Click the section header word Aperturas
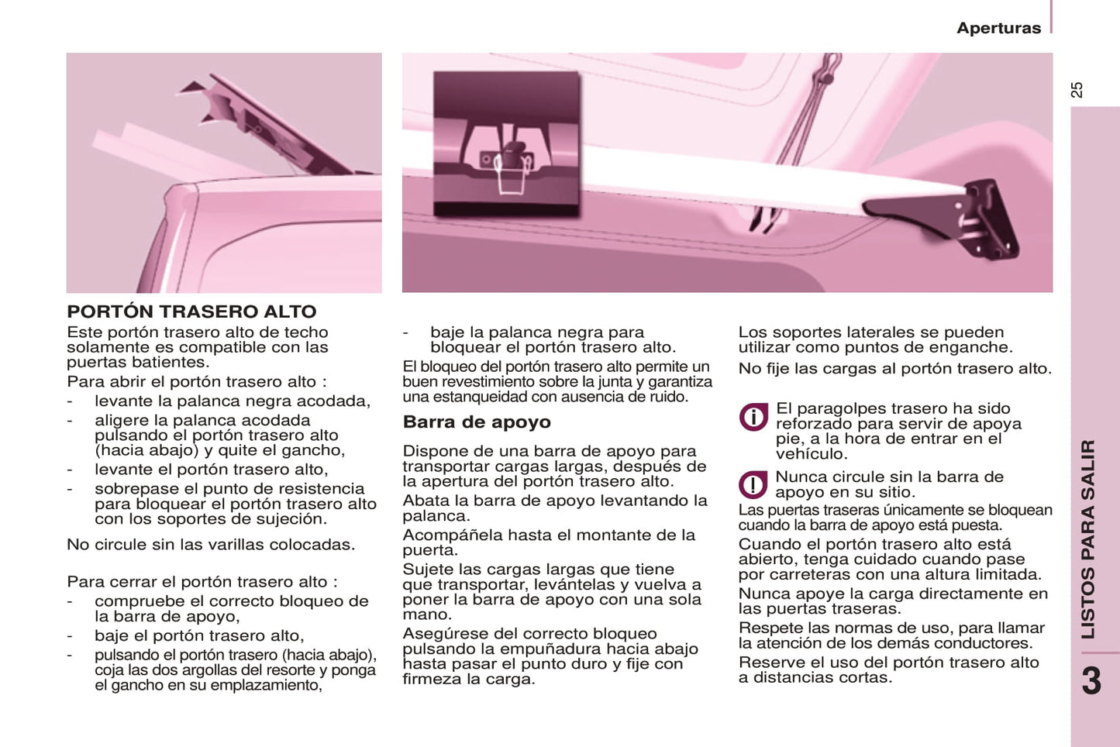tap(998, 28)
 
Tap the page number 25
tap(1077, 90)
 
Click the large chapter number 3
tap(1091, 680)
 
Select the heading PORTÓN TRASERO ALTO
tap(191, 311)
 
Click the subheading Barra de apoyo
tap(477, 422)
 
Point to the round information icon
tap(753, 416)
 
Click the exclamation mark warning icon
tap(753, 484)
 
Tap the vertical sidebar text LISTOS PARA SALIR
tap(1088, 539)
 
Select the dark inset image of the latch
tap(506, 143)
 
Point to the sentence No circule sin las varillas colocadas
tap(211, 544)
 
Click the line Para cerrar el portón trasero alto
tap(202, 581)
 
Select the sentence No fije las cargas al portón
tap(895, 369)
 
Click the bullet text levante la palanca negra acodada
tap(233, 401)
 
